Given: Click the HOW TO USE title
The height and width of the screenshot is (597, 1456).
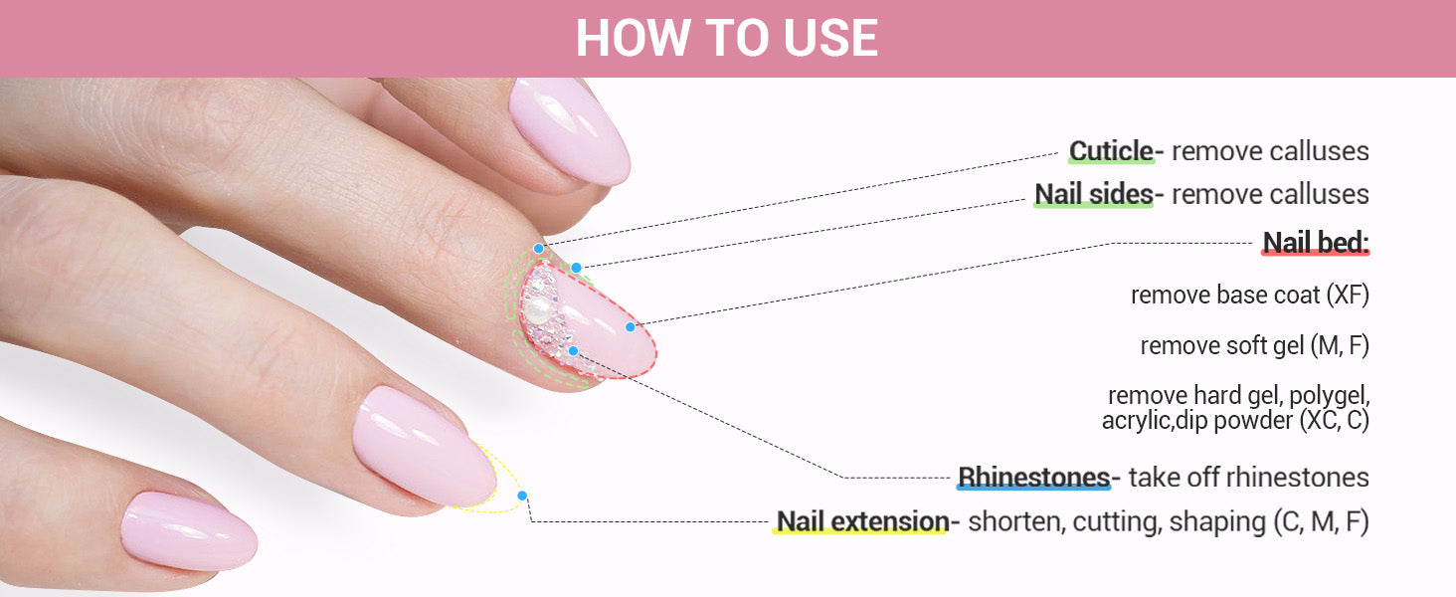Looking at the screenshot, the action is point(727,38).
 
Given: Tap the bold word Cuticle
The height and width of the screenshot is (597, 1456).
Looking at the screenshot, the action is point(1111,151).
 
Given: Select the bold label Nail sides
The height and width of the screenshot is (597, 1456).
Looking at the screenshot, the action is point(1094,194).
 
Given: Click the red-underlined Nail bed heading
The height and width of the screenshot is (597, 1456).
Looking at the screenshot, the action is point(1316,243).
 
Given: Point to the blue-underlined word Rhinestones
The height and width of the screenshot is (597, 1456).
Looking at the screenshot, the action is point(1034,478).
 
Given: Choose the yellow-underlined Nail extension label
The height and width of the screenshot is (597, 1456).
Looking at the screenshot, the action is point(862,521).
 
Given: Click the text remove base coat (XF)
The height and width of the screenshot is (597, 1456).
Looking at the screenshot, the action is point(1250,296).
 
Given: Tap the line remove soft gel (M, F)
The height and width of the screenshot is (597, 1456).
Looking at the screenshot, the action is point(1254,345).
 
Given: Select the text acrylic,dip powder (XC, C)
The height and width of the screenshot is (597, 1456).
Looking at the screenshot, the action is point(1235,421).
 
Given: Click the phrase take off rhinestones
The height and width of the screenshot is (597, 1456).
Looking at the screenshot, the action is point(1249,478).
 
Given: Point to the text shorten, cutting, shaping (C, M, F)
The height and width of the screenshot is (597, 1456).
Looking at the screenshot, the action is point(1169,521).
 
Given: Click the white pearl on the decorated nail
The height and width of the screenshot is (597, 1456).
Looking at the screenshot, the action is point(539,310).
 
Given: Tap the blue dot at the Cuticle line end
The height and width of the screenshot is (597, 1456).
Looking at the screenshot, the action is point(539,249).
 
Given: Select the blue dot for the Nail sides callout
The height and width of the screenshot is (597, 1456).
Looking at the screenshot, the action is point(577,268).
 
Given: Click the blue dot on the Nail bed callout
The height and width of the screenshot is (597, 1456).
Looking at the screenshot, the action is point(630,327).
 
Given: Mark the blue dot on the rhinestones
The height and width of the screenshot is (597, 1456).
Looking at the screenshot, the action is point(573,351).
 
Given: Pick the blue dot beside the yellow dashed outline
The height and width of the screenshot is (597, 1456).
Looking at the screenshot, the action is point(522,496).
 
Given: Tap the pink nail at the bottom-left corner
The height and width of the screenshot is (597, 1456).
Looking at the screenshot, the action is point(189,531).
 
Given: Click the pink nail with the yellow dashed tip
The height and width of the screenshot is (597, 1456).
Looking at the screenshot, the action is point(425,447).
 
